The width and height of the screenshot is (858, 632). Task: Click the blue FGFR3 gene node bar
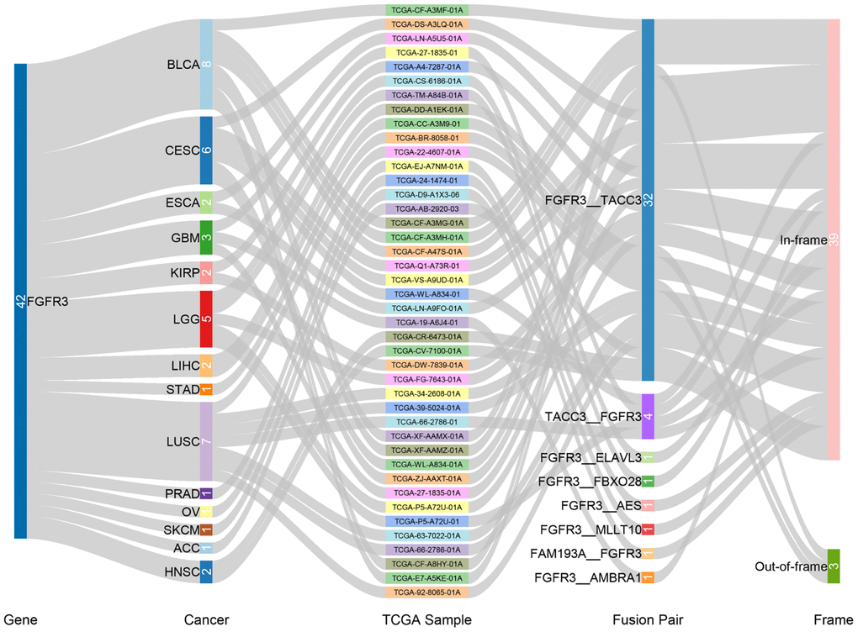[x=21, y=301]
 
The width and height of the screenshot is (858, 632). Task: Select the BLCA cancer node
[x=206, y=64]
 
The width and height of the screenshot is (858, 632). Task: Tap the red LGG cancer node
[x=206, y=319]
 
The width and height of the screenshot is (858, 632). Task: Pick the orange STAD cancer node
[x=206, y=389]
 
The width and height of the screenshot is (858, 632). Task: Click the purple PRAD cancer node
[x=206, y=492]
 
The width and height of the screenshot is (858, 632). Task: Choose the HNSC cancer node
[x=206, y=572]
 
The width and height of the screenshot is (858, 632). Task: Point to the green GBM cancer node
[x=206, y=238]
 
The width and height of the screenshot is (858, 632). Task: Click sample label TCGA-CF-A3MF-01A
[x=426, y=10]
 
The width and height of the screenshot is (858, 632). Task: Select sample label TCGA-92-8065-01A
[x=426, y=592]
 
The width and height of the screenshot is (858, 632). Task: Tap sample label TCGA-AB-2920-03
[x=426, y=208]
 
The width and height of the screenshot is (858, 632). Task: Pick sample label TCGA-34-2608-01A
[x=426, y=393]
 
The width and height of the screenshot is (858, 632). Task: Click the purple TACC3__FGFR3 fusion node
[x=648, y=416]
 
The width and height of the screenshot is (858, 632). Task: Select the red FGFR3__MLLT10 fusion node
[x=648, y=529]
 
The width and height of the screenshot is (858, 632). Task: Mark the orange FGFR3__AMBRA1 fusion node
[x=648, y=577]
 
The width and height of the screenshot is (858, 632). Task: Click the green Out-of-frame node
[x=833, y=566]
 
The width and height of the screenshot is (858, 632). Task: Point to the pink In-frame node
[x=833, y=240]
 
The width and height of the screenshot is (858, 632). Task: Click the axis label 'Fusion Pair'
[x=647, y=620]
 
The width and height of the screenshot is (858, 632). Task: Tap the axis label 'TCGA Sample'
[x=426, y=620]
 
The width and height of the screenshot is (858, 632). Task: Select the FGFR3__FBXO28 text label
[x=590, y=482]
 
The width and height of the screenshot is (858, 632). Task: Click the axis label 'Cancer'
[x=206, y=620]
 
